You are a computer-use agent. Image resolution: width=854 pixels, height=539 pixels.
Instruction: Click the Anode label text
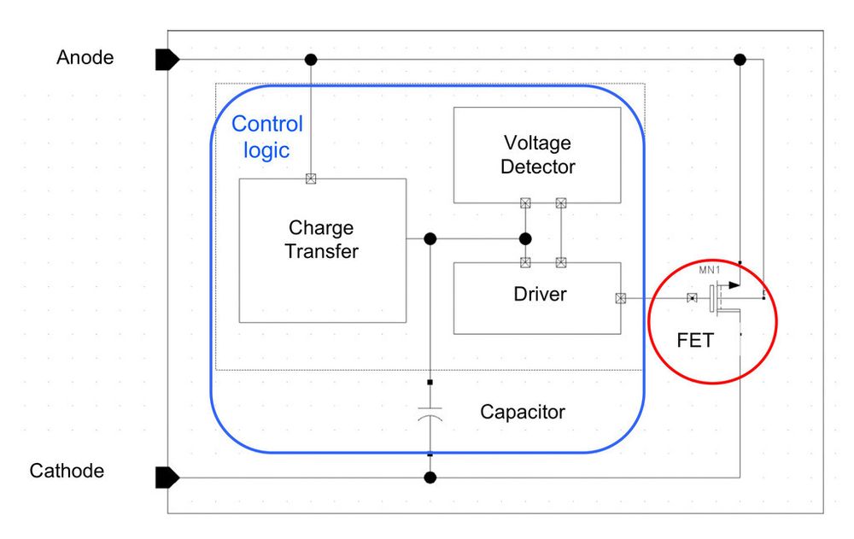(x=85, y=58)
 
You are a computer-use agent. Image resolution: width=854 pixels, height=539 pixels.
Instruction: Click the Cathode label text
(x=67, y=471)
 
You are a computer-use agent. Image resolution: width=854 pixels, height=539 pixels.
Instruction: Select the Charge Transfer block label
(x=321, y=240)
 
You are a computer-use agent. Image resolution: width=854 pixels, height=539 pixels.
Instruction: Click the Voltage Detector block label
(x=537, y=155)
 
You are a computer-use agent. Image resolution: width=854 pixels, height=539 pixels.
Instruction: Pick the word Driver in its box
(x=540, y=295)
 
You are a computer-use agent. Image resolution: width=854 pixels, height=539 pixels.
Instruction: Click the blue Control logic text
(x=267, y=137)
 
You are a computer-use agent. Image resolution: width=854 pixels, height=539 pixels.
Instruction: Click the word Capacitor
(x=523, y=412)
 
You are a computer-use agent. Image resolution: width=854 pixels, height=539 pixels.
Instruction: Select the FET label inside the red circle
(x=694, y=340)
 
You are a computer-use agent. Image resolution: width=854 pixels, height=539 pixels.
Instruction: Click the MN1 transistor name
(x=711, y=271)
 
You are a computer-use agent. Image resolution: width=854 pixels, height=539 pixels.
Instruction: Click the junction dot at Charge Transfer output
(x=430, y=238)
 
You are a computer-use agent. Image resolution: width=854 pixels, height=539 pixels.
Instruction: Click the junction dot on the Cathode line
(x=430, y=477)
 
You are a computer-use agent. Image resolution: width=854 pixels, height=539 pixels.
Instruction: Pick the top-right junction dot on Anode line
(x=740, y=59)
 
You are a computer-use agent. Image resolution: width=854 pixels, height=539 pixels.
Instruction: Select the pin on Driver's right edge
(x=620, y=298)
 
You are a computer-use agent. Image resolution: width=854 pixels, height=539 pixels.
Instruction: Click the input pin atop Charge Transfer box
(x=311, y=179)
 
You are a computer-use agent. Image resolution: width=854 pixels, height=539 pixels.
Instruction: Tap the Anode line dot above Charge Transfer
(x=311, y=59)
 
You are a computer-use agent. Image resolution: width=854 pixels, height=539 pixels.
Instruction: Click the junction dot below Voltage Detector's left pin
(x=525, y=238)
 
